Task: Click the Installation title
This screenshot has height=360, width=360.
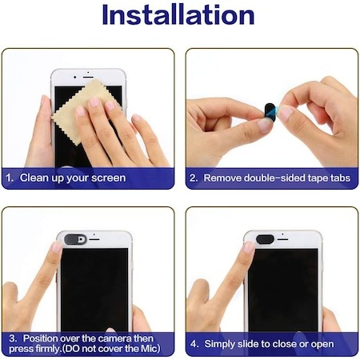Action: point(178,15)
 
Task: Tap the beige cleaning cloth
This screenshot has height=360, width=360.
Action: point(80,112)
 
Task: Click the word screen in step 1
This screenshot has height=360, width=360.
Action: point(108,178)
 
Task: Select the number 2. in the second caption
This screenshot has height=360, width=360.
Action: point(194,178)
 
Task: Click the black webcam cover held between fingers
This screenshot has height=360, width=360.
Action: point(270,110)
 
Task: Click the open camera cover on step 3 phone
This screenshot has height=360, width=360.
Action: point(75,239)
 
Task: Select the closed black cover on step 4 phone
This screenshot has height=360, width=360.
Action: point(265,239)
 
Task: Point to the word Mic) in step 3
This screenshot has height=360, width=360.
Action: point(150,349)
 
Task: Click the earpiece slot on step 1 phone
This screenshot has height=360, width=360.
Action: point(88,77)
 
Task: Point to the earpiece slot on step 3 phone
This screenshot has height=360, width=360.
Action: point(94,239)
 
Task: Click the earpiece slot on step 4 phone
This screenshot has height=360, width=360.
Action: point(282,239)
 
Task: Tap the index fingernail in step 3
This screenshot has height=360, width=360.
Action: point(57,247)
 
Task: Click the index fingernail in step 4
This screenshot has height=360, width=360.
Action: point(249,247)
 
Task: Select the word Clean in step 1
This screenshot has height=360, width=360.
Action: point(34,178)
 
